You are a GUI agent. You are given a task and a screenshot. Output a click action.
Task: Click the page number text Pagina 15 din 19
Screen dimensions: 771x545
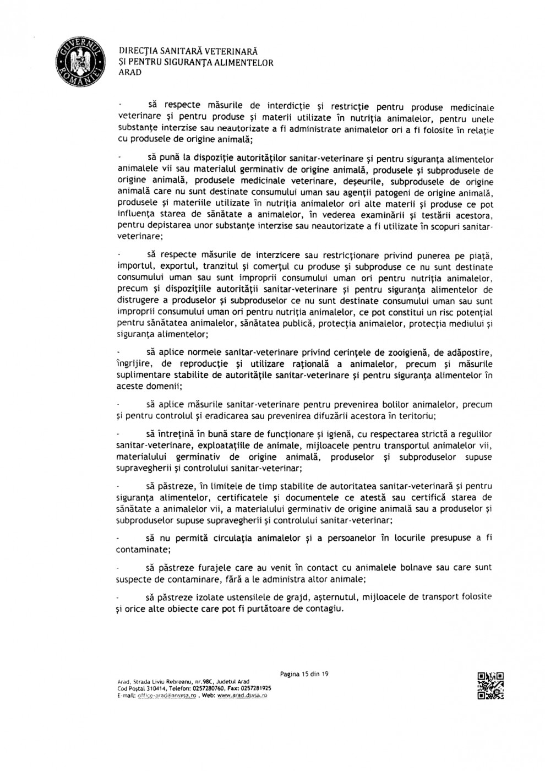tap(304, 674)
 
